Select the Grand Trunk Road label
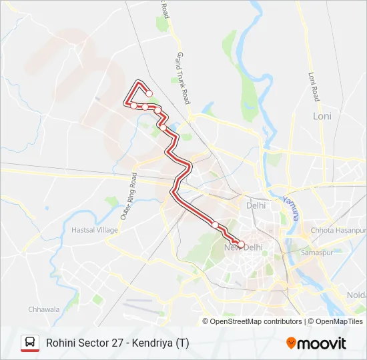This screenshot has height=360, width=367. pos(182,78)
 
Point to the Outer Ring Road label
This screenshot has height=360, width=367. pos(128,197)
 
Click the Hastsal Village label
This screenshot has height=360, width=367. pos(94,230)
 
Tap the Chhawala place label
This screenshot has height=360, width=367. pos(44,309)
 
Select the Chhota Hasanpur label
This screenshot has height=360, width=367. pos(334,231)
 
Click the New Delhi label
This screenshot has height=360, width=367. pos(244,247)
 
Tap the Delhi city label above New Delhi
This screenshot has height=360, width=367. pos(256,206)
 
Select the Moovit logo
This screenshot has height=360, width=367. pos(316,343)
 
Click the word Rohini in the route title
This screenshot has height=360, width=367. pos(62,343)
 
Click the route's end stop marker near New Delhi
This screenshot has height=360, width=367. pos(241,244)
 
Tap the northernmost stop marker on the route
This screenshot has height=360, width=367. pos(149,94)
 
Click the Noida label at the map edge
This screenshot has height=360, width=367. pos(356,295)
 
